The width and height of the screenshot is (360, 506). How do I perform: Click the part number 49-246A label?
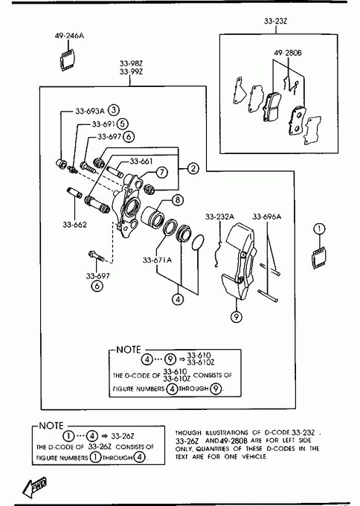(x=69, y=36)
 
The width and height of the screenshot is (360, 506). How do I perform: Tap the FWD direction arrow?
(x=35, y=487)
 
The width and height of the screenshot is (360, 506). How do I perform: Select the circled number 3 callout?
(x=114, y=110)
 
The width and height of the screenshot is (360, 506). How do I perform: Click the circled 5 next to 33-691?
(x=123, y=124)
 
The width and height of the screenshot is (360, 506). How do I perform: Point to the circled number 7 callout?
(x=162, y=172)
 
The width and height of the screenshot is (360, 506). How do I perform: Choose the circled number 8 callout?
(x=178, y=200)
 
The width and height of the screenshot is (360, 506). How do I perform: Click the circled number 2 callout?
(x=193, y=168)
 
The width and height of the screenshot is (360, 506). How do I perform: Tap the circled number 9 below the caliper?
(x=237, y=317)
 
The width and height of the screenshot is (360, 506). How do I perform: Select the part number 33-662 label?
(x=75, y=225)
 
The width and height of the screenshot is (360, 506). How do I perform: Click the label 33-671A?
(x=157, y=260)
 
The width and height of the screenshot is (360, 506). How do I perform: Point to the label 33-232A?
(x=219, y=217)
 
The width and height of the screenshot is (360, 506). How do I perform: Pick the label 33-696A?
(x=267, y=217)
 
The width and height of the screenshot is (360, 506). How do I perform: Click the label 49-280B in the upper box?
(x=288, y=53)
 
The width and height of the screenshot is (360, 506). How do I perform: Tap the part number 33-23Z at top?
(x=275, y=22)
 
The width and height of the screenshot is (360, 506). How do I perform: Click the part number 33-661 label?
(x=141, y=161)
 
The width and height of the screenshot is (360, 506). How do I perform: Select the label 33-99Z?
(x=132, y=71)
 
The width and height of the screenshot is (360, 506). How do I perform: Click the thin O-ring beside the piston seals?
(x=198, y=242)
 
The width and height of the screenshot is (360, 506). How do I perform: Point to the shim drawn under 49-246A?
(x=68, y=60)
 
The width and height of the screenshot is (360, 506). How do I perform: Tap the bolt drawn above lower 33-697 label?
(x=96, y=256)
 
